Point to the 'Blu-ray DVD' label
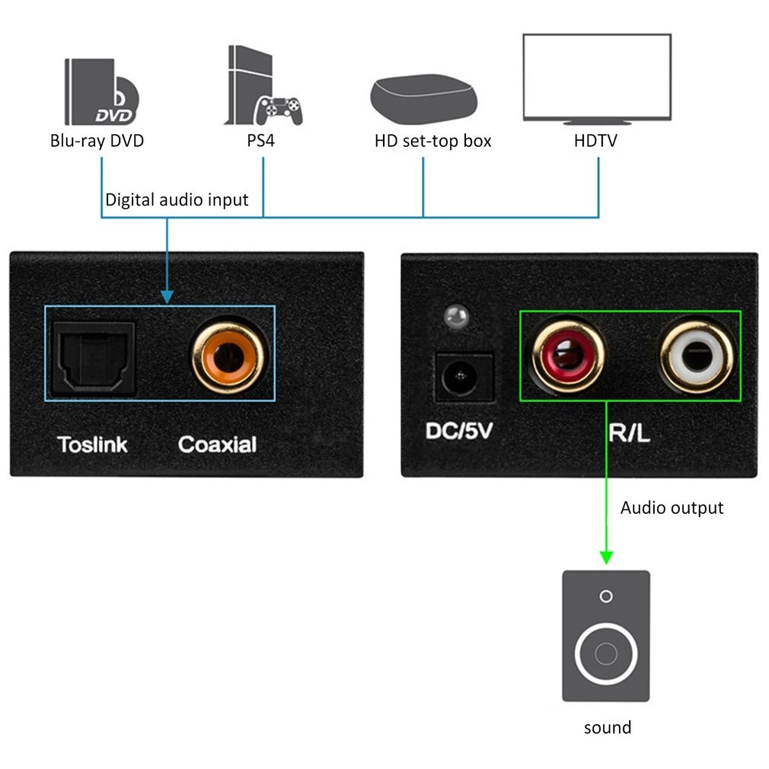point(97,141)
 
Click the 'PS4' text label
point(263,141)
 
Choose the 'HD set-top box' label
point(432,141)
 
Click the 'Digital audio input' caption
point(177,200)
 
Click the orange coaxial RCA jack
point(228,356)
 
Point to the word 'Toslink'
point(93,444)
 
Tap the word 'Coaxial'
point(217,444)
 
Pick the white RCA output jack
point(697,356)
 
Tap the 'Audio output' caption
point(672,508)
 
